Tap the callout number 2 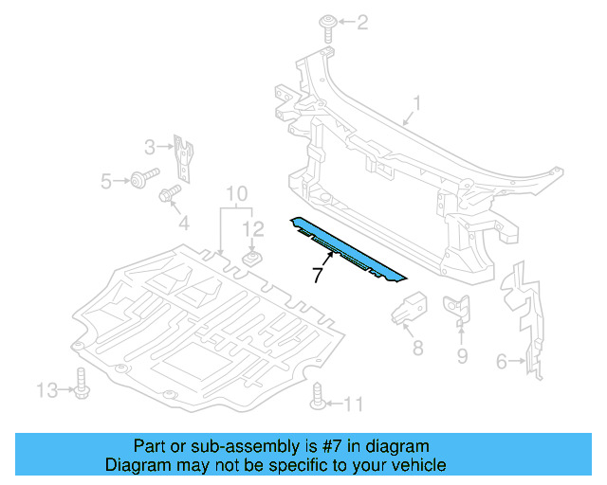click(x=361, y=22)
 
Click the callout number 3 click(x=150, y=147)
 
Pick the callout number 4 click(x=184, y=224)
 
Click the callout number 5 click(x=106, y=179)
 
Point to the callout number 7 click(x=319, y=276)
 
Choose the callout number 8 click(x=417, y=348)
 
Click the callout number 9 click(x=463, y=356)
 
